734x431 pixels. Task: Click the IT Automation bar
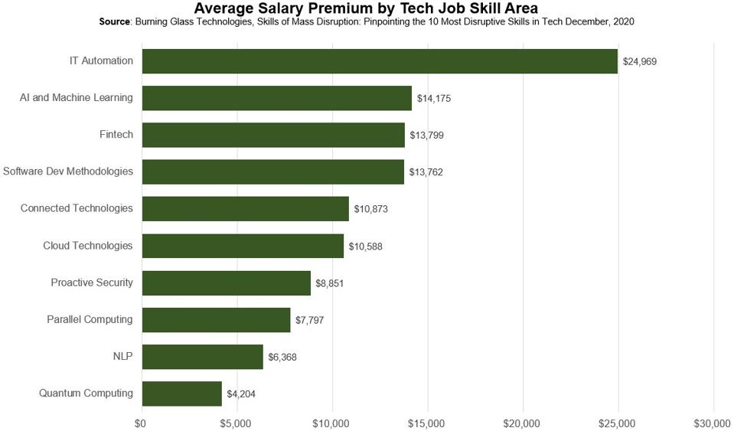(x=380, y=61)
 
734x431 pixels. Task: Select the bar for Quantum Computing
(x=182, y=393)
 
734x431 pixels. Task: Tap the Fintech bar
(x=273, y=135)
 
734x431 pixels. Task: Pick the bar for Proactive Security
(x=227, y=283)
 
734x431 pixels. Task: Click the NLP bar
(x=203, y=357)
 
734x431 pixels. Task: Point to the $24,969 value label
(x=640, y=62)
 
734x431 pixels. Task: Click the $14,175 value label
(x=434, y=99)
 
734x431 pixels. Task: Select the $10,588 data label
(x=366, y=247)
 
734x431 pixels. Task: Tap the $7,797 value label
(x=308, y=320)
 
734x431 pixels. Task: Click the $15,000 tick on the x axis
(x=427, y=423)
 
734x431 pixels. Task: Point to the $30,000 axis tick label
(x=713, y=423)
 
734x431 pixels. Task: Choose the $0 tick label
(x=141, y=423)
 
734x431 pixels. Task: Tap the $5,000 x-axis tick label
(x=237, y=423)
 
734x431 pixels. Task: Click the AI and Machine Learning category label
(x=77, y=98)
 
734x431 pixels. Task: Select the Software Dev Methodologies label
(x=68, y=171)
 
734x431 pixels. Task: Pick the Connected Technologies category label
(x=77, y=208)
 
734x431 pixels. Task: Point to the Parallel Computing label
(x=90, y=319)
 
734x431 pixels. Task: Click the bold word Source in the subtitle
(x=116, y=22)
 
